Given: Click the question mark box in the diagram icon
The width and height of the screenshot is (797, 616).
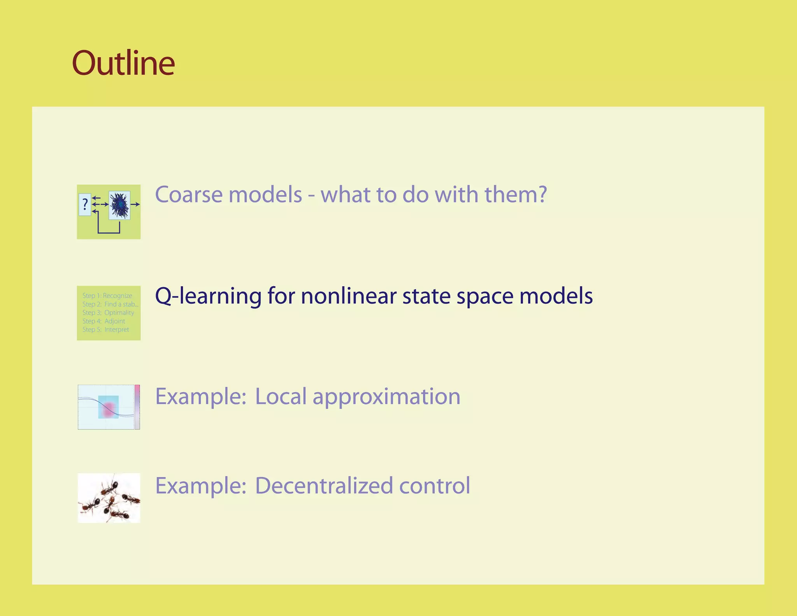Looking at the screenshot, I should (x=85, y=204).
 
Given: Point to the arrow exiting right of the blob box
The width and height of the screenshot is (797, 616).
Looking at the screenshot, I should (x=135, y=204).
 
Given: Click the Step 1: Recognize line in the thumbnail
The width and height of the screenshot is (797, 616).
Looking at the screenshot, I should (x=107, y=296).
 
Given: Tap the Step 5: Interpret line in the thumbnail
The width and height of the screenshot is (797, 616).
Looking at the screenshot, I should (x=105, y=329).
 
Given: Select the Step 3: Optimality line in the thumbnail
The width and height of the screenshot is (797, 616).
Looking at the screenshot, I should (x=108, y=313).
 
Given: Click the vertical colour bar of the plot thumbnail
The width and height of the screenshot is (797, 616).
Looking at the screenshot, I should (x=137, y=407).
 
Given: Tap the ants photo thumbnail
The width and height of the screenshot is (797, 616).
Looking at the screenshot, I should (x=109, y=498).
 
